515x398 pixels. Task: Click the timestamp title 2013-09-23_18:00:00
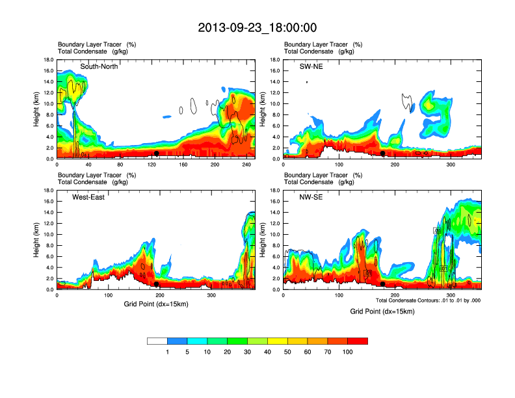[x=257, y=28]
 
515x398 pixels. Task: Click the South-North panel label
[x=99, y=66]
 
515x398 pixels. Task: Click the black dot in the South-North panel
[x=157, y=153]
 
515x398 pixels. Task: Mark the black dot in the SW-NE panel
[x=383, y=153]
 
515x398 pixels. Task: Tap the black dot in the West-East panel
[x=157, y=284]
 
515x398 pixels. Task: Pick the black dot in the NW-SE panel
[x=383, y=284]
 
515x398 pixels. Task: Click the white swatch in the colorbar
[x=157, y=341]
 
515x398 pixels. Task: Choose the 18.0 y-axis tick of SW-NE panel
[x=274, y=60]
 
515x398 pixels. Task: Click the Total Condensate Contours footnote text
[x=428, y=300]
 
